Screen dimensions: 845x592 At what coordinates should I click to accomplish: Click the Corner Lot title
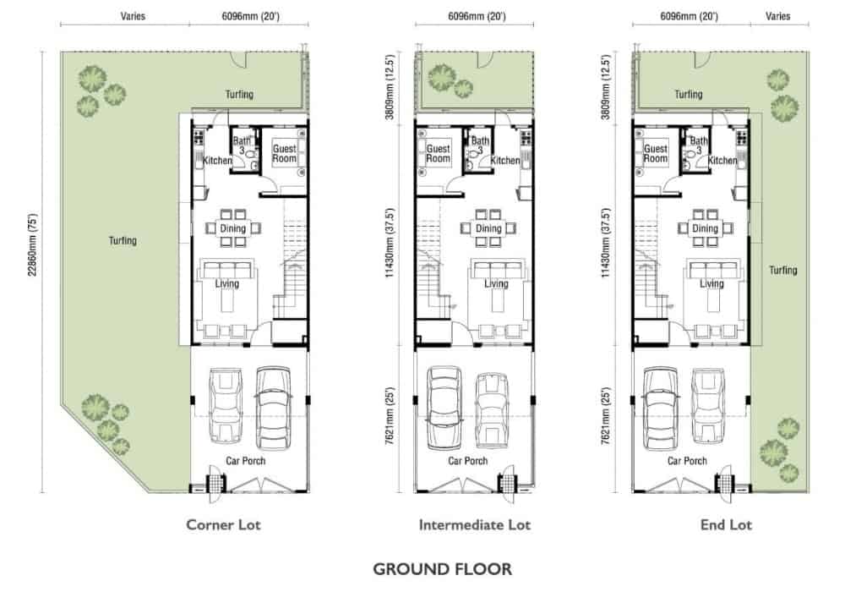tap(223, 524)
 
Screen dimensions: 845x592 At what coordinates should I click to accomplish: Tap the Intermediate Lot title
tap(475, 524)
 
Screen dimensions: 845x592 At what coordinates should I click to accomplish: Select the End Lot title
tap(726, 524)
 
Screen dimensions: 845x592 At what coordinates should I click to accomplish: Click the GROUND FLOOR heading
tap(443, 569)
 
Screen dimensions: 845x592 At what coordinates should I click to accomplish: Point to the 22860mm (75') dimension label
tap(33, 245)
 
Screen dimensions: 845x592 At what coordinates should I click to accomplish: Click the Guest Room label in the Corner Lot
tap(285, 153)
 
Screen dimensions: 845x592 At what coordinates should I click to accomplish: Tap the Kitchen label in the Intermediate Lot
tap(505, 160)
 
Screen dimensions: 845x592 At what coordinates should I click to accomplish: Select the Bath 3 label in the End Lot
tap(699, 145)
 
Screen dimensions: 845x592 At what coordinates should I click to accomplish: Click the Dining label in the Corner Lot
tap(233, 228)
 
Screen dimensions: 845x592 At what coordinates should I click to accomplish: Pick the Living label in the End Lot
tap(711, 283)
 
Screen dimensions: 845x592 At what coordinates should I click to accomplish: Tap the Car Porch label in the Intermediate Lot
tap(468, 461)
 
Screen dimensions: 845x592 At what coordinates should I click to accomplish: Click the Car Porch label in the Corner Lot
tap(245, 461)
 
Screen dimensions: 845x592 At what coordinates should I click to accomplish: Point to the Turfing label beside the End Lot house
tap(783, 270)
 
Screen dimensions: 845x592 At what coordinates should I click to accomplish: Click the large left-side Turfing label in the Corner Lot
tap(123, 240)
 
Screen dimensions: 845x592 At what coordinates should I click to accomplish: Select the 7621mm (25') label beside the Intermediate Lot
tap(390, 416)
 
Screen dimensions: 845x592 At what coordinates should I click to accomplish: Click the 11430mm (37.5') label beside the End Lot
tap(606, 244)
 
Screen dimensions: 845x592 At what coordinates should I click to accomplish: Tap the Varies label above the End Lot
tap(777, 16)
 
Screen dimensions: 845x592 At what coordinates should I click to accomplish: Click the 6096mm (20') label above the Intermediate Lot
tap(477, 16)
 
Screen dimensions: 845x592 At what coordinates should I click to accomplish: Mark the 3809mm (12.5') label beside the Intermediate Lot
tap(390, 87)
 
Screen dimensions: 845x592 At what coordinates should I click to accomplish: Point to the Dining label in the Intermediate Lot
tap(488, 228)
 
